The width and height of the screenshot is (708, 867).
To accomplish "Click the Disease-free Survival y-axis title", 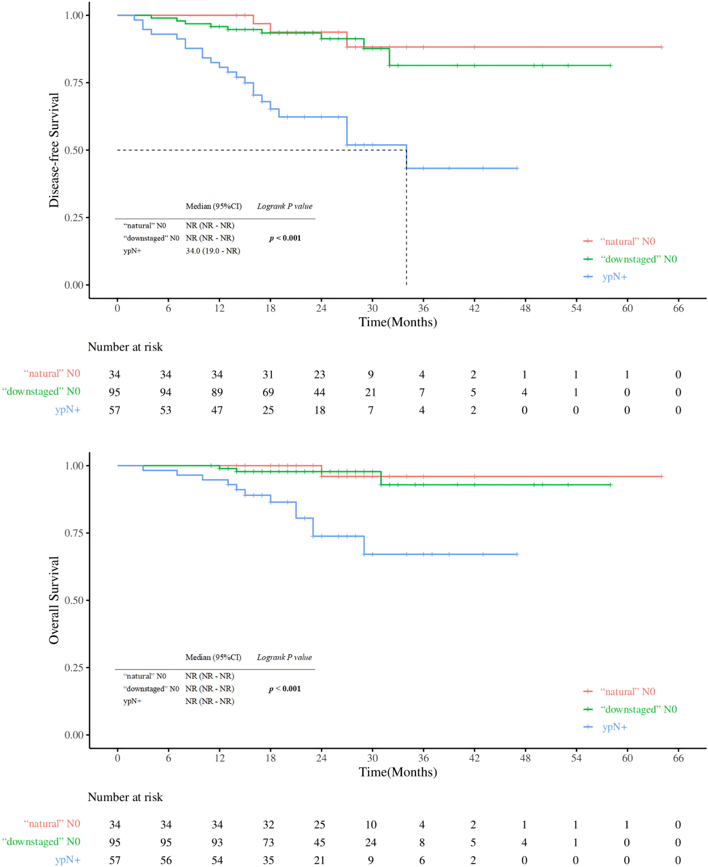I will pos(54,150).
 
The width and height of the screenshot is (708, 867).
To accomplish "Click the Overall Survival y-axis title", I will pos(54,600).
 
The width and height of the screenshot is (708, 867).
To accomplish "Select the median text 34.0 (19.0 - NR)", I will pos(213,251).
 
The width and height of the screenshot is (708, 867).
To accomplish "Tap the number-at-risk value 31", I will pos(269,375).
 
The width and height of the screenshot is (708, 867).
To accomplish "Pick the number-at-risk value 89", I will pos(217,392).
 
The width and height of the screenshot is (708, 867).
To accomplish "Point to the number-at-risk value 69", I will pos(269,392).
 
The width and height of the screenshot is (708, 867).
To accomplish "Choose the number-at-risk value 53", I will pos(166,410).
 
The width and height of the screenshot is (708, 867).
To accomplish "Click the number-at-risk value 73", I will pos(269,842).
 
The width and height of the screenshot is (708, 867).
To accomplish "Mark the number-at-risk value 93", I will pos(217,842).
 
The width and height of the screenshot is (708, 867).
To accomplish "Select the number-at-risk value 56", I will pos(166,860).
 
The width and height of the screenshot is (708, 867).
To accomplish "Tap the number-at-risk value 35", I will pos(269,860).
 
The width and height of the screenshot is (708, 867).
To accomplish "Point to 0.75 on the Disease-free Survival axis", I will pos(74,83).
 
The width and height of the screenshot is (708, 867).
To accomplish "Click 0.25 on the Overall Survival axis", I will pos(74,668).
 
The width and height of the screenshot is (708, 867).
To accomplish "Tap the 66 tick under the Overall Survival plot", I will pos(678,758).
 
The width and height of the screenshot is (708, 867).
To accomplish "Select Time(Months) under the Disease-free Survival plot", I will pos(398,322).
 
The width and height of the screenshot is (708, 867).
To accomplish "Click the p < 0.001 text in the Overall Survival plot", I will pos(285,689).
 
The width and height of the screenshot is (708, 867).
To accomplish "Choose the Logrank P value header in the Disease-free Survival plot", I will pos(285,207).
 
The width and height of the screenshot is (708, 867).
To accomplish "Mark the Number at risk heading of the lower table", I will pos(125,797).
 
